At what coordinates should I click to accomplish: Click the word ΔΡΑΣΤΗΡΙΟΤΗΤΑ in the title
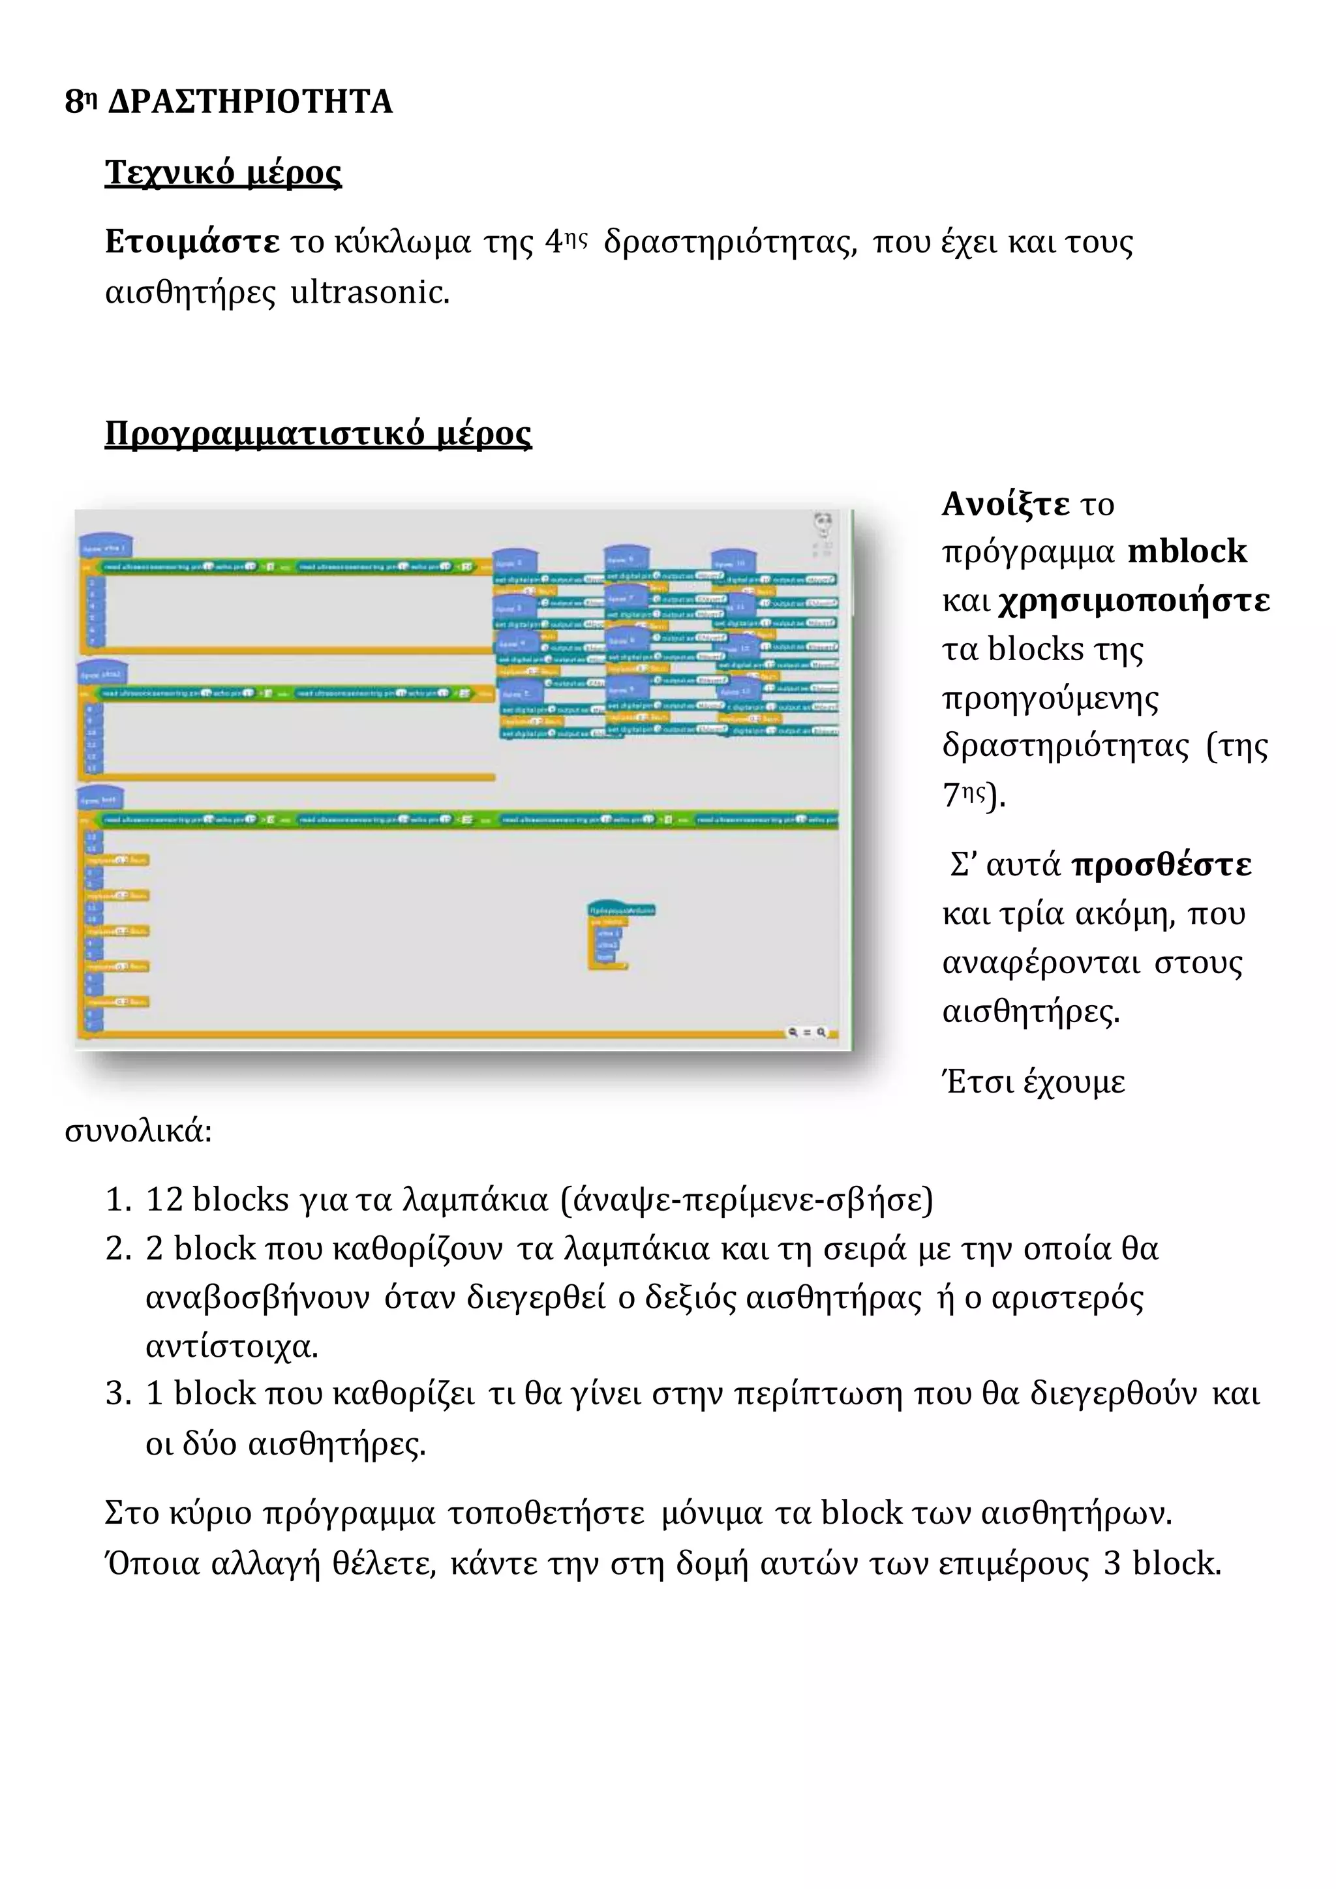250,102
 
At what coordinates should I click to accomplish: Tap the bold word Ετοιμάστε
192,242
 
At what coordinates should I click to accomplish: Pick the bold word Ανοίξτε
1005,504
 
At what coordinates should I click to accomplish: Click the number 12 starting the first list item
164,1200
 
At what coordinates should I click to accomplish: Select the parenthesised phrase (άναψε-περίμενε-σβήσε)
746,1200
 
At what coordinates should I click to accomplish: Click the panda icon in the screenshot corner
823,522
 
